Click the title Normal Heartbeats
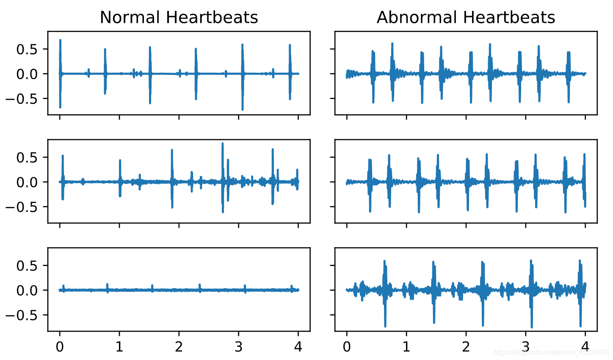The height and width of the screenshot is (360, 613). [x=179, y=18]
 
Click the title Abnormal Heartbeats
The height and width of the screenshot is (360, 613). [x=466, y=18]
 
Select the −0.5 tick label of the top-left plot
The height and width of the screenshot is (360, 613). [x=22, y=99]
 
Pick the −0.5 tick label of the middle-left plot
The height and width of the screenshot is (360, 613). [x=22, y=207]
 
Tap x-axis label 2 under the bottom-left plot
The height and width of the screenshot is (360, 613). [x=179, y=347]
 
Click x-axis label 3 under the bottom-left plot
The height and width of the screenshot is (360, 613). [x=239, y=347]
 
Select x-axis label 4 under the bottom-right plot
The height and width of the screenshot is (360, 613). [x=585, y=347]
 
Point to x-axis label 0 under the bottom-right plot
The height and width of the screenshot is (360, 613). [x=347, y=347]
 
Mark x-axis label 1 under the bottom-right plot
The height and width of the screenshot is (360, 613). [x=406, y=347]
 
